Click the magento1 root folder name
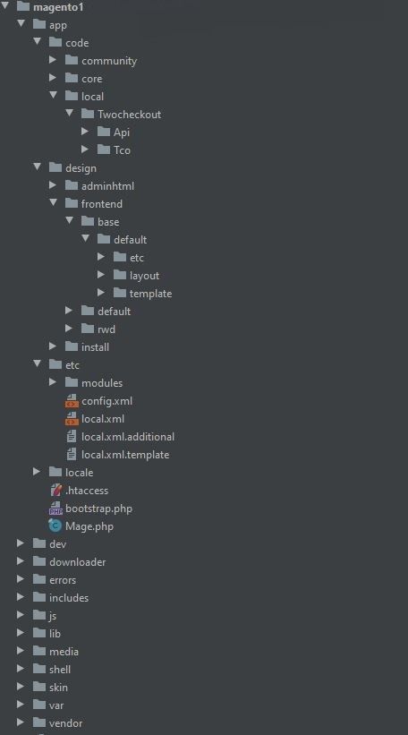point(58,7)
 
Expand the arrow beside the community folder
point(53,60)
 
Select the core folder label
point(92,79)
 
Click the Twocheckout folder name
point(129,115)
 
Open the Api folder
point(122,132)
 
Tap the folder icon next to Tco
point(104,150)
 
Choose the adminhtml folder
point(107,186)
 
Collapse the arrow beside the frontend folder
point(54,203)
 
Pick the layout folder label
point(144,276)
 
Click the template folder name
point(151,294)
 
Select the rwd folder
point(106,329)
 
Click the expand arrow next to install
point(53,346)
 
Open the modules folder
point(102,383)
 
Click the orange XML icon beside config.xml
point(72,401)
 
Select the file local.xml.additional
point(128,437)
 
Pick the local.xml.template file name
point(125,455)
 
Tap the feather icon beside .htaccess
point(55,491)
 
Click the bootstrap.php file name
point(98,509)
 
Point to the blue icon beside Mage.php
point(55,526)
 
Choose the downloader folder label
point(77,562)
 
